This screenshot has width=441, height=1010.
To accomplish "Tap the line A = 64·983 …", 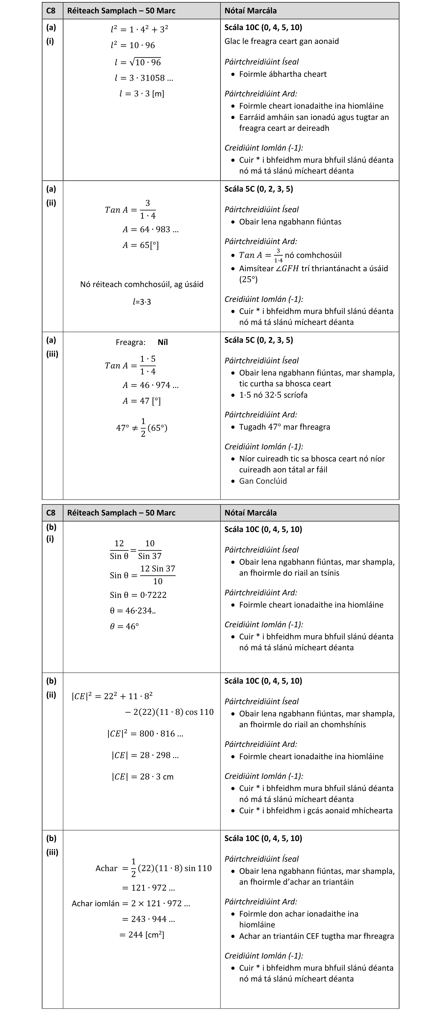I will [x=150, y=229].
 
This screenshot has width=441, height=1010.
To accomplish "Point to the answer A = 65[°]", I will [x=140, y=245].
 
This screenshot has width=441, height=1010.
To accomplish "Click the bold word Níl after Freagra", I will [x=162, y=342].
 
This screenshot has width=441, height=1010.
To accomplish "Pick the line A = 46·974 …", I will [x=150, y=385].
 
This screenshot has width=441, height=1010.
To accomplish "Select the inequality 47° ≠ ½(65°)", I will [x=142, y=428].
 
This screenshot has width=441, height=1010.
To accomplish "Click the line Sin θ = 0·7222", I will [x=138, y=595].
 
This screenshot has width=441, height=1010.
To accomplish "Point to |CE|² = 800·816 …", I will [x=145, y=734].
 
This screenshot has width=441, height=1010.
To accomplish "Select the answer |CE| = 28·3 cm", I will [x=142, y=777].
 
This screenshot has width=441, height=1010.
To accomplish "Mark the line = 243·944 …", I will [x=148, y=919].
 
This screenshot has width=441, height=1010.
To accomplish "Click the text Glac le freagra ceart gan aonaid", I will [x=281, y=41].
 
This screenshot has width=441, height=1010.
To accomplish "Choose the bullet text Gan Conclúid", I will [x=263, y=481].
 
